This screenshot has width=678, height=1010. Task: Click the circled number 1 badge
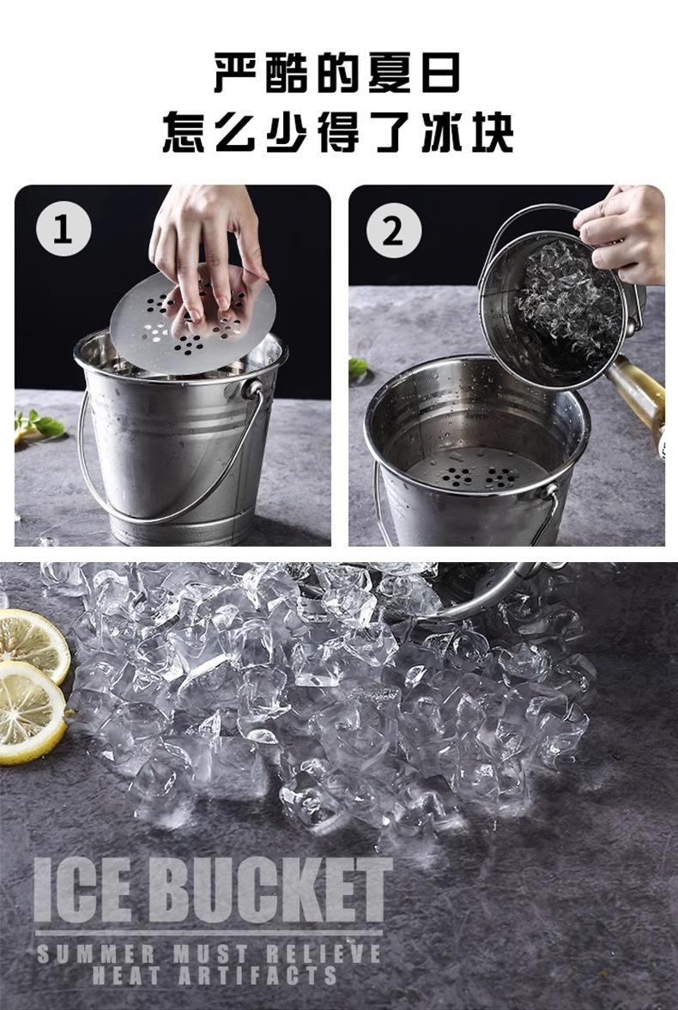(64, 228)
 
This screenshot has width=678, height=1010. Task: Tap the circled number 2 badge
(394, 230)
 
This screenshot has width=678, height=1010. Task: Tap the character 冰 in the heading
(442, 133)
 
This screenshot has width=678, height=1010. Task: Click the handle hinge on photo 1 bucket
(252, 390)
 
